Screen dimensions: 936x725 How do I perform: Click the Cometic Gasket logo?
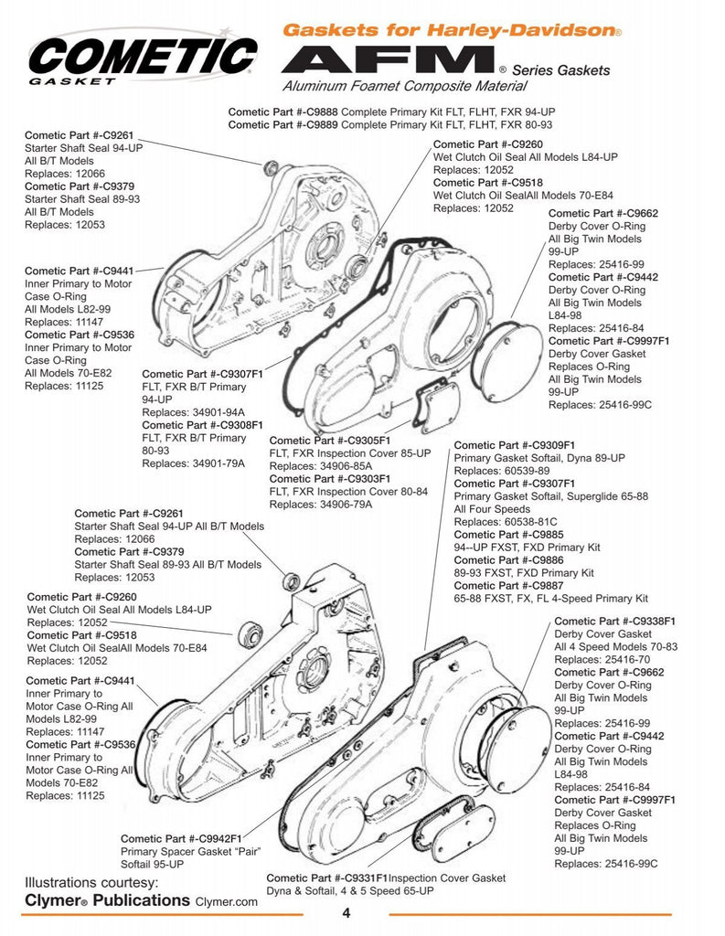point(142,57)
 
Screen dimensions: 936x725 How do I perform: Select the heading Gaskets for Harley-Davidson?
point(452,30)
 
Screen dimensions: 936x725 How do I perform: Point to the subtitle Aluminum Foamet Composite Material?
point(404,87)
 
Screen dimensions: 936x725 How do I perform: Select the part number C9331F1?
point(365,877)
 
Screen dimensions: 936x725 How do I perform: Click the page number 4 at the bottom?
point(347,912)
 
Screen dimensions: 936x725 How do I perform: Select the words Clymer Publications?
point(107,900)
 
